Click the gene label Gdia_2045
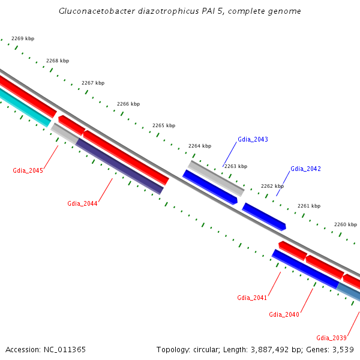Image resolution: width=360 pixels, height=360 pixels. pos(28,170)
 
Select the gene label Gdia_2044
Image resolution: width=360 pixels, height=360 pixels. pos(82,203)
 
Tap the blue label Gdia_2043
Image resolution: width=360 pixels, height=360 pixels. pos(253,139)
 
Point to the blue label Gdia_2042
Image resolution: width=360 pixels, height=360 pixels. pos(305,169)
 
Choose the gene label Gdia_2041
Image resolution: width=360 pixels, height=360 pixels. pos(252,298)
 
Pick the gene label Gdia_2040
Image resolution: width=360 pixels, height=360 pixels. pos(284,314)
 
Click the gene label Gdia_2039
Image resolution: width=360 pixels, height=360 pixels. pos(331,337)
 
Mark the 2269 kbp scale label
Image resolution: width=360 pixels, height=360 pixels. pos(23,38)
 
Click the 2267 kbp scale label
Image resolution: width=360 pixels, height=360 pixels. pos(93,83)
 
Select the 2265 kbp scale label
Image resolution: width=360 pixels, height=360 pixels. pos(164,125)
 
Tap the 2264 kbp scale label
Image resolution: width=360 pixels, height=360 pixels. pos(200,146)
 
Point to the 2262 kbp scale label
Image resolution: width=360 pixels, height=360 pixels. pos(272,186)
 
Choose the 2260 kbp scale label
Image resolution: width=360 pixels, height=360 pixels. pos(346,224)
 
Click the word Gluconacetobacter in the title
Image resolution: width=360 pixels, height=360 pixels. pos(95,11)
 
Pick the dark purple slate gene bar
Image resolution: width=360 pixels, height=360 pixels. pos(119,166)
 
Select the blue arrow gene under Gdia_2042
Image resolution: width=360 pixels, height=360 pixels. pos(264,216)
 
